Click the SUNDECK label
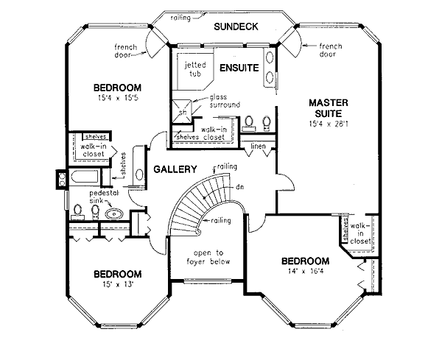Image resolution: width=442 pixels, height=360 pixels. click(x=235, y=27)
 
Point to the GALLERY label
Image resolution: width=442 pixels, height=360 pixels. click(x=174, y=170)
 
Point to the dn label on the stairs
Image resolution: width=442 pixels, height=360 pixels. click(x=239, y=187)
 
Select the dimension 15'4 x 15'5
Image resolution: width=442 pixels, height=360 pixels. click(x=108, y=95)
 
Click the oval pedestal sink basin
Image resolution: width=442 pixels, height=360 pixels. click(x=114, y=213)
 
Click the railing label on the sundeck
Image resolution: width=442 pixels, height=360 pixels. click(x=181, y=16)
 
